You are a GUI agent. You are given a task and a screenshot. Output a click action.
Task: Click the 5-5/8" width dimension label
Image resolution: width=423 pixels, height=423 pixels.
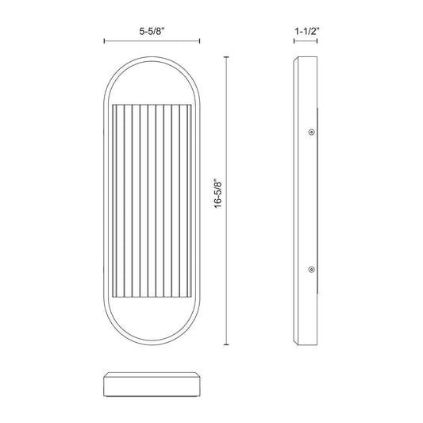click(152, 32)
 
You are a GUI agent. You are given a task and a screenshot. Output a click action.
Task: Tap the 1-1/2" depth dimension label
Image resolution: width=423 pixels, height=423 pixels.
click(307, 32)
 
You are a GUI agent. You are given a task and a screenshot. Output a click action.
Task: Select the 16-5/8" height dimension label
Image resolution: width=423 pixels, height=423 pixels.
click(218, 193)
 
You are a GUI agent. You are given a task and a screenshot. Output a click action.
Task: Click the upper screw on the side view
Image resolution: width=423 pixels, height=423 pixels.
click(312, 133)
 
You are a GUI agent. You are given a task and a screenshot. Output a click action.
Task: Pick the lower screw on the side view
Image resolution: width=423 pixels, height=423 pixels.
click(312, 269)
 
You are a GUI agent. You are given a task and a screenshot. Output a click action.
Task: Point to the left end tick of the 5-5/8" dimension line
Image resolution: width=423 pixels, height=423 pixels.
click(105, 41)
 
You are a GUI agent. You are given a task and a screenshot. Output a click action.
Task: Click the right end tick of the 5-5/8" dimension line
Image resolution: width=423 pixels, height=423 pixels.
click(199, 41)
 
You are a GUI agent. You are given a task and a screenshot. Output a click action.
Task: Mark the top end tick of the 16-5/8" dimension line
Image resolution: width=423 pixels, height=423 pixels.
click(226, 57)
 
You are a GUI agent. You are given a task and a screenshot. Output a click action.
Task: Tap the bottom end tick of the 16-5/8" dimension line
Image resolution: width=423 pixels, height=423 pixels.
click(226, 344)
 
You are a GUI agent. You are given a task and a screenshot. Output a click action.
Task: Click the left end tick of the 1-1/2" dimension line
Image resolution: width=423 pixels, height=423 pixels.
click(294, 41)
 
